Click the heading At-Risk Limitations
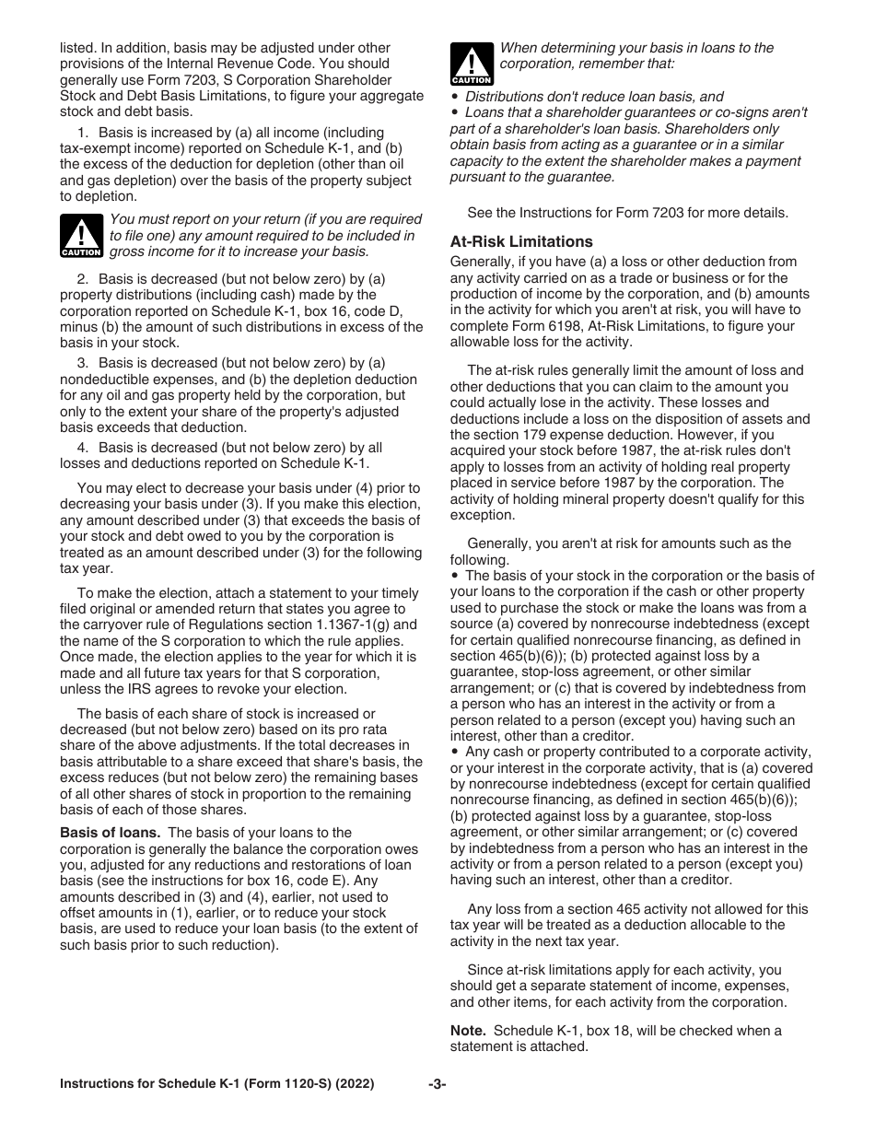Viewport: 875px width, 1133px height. point(521,241)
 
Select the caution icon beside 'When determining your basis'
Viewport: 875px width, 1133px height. point(472,64)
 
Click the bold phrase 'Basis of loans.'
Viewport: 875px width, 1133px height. point(111,833)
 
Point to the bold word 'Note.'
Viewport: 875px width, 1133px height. point(468,1031)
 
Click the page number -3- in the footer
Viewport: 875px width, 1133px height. point(437,1084)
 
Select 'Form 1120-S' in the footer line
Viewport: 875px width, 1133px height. point(270,1084)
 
